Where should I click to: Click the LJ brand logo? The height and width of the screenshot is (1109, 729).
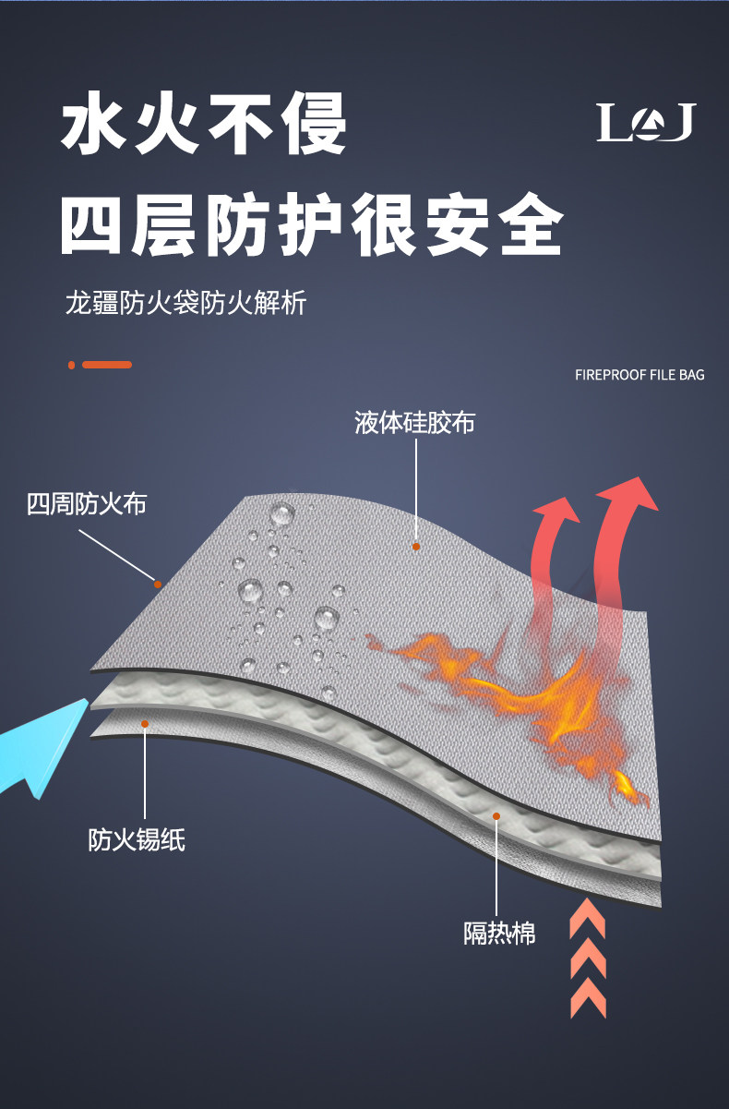645,123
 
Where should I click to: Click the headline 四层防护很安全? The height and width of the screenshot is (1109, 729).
311,225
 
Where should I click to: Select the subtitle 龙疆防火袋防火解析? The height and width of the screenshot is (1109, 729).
185,302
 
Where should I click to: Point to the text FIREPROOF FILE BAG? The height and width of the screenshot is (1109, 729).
639,375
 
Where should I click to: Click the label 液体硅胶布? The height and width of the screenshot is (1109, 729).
414,423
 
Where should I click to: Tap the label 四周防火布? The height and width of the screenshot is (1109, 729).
86,504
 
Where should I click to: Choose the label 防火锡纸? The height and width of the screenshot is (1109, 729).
137,839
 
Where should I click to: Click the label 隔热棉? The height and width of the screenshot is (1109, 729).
499,933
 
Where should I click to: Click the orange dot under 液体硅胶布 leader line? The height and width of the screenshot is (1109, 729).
416,547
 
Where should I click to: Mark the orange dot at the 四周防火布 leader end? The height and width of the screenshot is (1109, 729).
158,584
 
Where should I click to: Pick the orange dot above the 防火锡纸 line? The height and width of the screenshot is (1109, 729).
145,724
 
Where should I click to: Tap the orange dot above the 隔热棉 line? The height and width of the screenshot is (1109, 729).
496,816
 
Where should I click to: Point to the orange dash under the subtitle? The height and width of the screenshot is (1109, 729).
107,365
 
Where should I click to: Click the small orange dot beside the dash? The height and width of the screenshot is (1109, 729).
71,365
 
